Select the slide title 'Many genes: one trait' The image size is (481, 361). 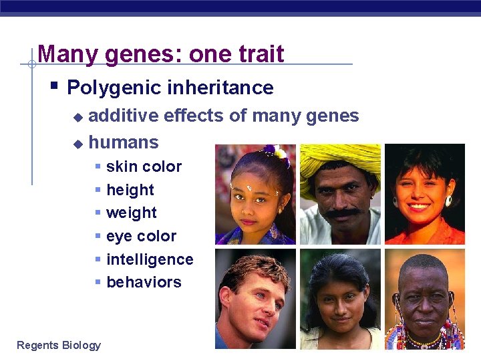pos(161,53)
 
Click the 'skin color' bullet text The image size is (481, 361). pos(144,166)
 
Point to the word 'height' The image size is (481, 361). pos(130,190)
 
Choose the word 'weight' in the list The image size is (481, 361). pos(132,213)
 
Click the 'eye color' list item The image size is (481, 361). pos(141,236)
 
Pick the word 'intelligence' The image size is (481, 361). pos(150,259)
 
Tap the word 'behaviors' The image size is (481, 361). pos(144,282)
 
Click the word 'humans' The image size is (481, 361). pos(124,142)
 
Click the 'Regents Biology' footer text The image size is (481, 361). pos(59,345)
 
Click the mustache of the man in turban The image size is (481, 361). pos(343,213)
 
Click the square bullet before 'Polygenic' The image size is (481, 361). pos(54,87)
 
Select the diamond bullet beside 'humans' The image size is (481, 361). pos(77,143)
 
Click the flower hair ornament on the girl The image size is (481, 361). pos(277,153)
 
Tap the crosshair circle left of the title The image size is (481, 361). pos(31,65)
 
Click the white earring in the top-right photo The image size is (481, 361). pos(448,201)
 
